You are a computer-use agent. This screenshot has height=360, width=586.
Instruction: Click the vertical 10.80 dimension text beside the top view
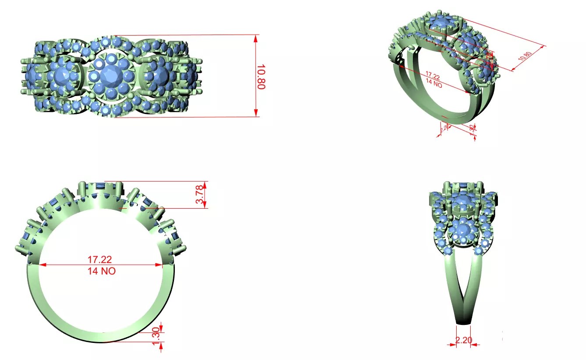click(x=261, y=77)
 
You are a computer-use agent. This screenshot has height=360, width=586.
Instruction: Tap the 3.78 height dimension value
click(x=199, y=195)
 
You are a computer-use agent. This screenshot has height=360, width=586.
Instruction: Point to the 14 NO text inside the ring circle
click(x=102, y=271)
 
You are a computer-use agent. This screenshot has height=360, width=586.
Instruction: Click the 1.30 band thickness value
click(x=156, y=336)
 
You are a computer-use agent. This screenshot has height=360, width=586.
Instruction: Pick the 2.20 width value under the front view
click(x=463, y=339)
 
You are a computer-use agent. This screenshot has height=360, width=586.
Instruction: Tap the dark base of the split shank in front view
click(x=463, y=323)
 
